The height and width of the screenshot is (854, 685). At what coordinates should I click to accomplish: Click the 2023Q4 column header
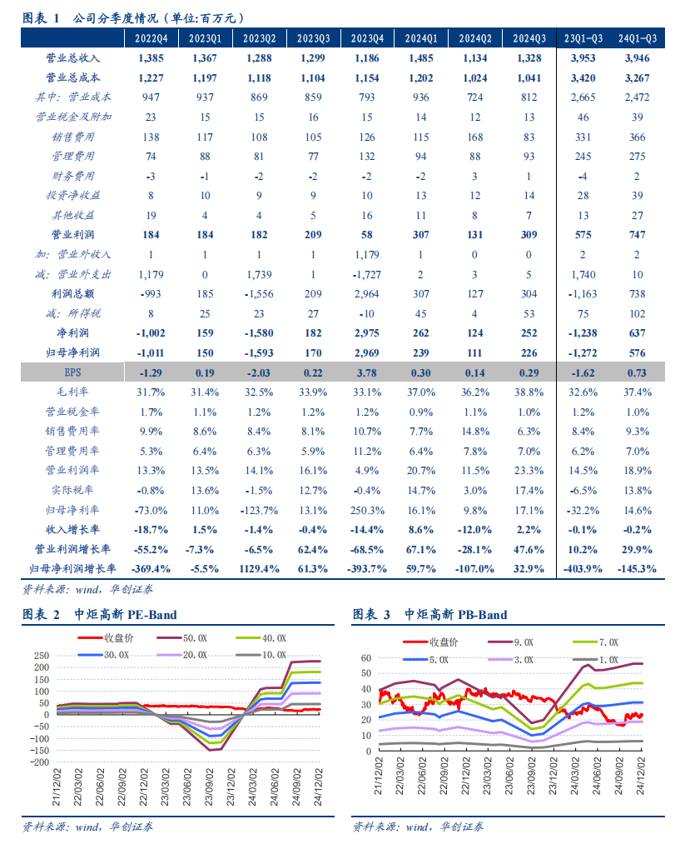coord(368,38)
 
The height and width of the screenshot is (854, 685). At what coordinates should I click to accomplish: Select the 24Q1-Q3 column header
coord(638,38)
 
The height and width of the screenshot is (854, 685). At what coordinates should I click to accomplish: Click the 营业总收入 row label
coord(72,57)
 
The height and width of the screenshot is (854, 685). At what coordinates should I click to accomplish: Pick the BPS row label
coord(72,372)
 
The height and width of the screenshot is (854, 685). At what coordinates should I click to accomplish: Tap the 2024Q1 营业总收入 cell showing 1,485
coord(422,57)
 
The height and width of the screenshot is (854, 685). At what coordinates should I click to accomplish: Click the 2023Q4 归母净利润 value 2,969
coord(368,353)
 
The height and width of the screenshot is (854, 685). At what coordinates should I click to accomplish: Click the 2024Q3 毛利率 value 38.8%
coord(529,392)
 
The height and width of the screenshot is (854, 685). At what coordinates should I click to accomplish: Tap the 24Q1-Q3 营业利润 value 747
coord(638,235)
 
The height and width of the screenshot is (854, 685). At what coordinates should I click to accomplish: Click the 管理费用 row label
coord(72,156)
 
